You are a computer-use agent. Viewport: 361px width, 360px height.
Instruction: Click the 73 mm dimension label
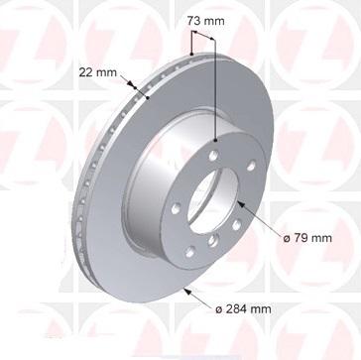pyautogui.click(x=205, y=21)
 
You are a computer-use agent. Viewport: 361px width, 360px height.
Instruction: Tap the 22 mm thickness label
pyautogui.click(x=97, y=72)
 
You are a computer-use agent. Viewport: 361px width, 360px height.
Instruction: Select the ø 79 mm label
pyautogui.click(x=307, y=238)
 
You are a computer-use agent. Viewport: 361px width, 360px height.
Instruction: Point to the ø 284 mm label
pyautogui.click(x=243, y=309)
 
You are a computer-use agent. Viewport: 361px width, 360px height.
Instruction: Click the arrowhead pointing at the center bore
pyautogui.click(x=242, y=205)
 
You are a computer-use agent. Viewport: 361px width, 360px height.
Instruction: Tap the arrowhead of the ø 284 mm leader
pyautogui.click(x=187, y=292)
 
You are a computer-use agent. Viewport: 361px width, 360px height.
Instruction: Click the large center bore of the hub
pyautogui.click(x=212, y=200)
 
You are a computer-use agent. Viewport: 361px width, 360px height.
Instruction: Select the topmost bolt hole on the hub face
pyautogui.click(x=213, y=156)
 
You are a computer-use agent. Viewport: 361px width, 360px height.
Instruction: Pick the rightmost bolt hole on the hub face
pyautogui.click(x=251, y=166)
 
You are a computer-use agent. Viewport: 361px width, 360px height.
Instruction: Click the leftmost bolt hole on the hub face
pyautogui.click(x=176, y=208)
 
